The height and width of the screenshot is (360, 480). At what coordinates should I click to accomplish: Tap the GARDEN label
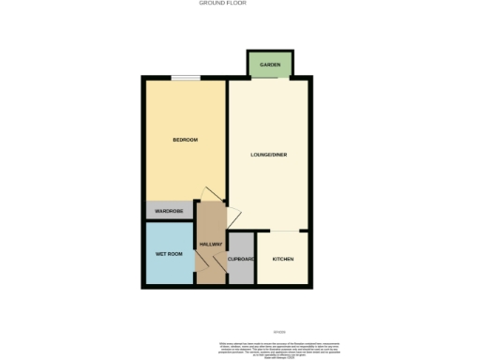[270, 64]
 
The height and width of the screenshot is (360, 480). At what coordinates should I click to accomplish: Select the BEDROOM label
[185, 140]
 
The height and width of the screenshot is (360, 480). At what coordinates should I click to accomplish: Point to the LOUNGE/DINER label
[269, 154]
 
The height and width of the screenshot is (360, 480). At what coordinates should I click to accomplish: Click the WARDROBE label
[168, 211]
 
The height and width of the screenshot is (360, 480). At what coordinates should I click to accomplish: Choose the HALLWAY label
[210, 245]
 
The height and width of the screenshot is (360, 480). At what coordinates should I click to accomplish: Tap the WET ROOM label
[168, 254]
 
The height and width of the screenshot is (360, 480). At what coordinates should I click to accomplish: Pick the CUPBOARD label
[241, 259]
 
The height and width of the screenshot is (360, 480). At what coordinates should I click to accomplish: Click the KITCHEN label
[282, 259]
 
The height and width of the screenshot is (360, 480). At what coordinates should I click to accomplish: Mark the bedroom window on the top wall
[185, 78]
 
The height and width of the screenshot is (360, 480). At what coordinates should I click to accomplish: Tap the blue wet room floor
[169, 267]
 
